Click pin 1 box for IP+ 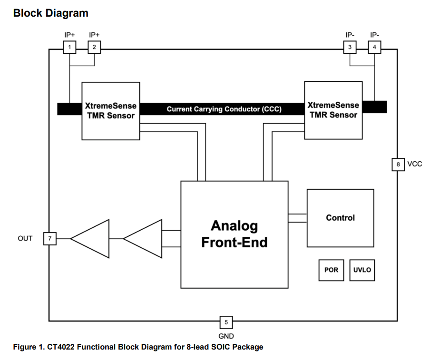point(70,47)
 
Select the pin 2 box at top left point(94,47)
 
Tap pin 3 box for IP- point(350,47)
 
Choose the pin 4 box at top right point(374,47)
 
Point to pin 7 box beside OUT point(49,238)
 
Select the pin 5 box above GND point(226,322)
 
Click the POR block point(332,270)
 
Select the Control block point(340,218)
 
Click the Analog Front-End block point(234,234)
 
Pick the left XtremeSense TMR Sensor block point(111,110)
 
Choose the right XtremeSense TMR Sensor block point(333,110)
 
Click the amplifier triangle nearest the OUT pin point(92,238)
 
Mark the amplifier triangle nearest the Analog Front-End point(145,238)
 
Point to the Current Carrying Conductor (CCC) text point(224,109)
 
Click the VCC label point(415,164)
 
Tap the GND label point(226,336)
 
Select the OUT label point(25,238)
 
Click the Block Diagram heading point(51,13)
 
